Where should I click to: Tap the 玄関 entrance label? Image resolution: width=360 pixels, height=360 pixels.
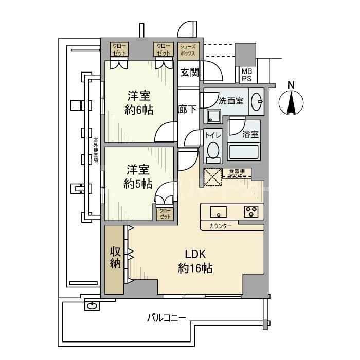pos(189,72)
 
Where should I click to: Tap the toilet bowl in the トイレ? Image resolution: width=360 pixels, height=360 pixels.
pos(212,150)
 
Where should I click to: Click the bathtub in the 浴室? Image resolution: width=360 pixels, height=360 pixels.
pos(244,152)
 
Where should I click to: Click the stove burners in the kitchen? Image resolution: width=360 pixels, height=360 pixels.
pos(251,211)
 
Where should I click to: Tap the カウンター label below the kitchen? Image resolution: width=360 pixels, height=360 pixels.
pos(221,226)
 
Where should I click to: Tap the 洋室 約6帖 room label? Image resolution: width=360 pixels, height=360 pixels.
pos(138,102)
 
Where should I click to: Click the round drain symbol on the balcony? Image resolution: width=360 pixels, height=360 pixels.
pos(92,306)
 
